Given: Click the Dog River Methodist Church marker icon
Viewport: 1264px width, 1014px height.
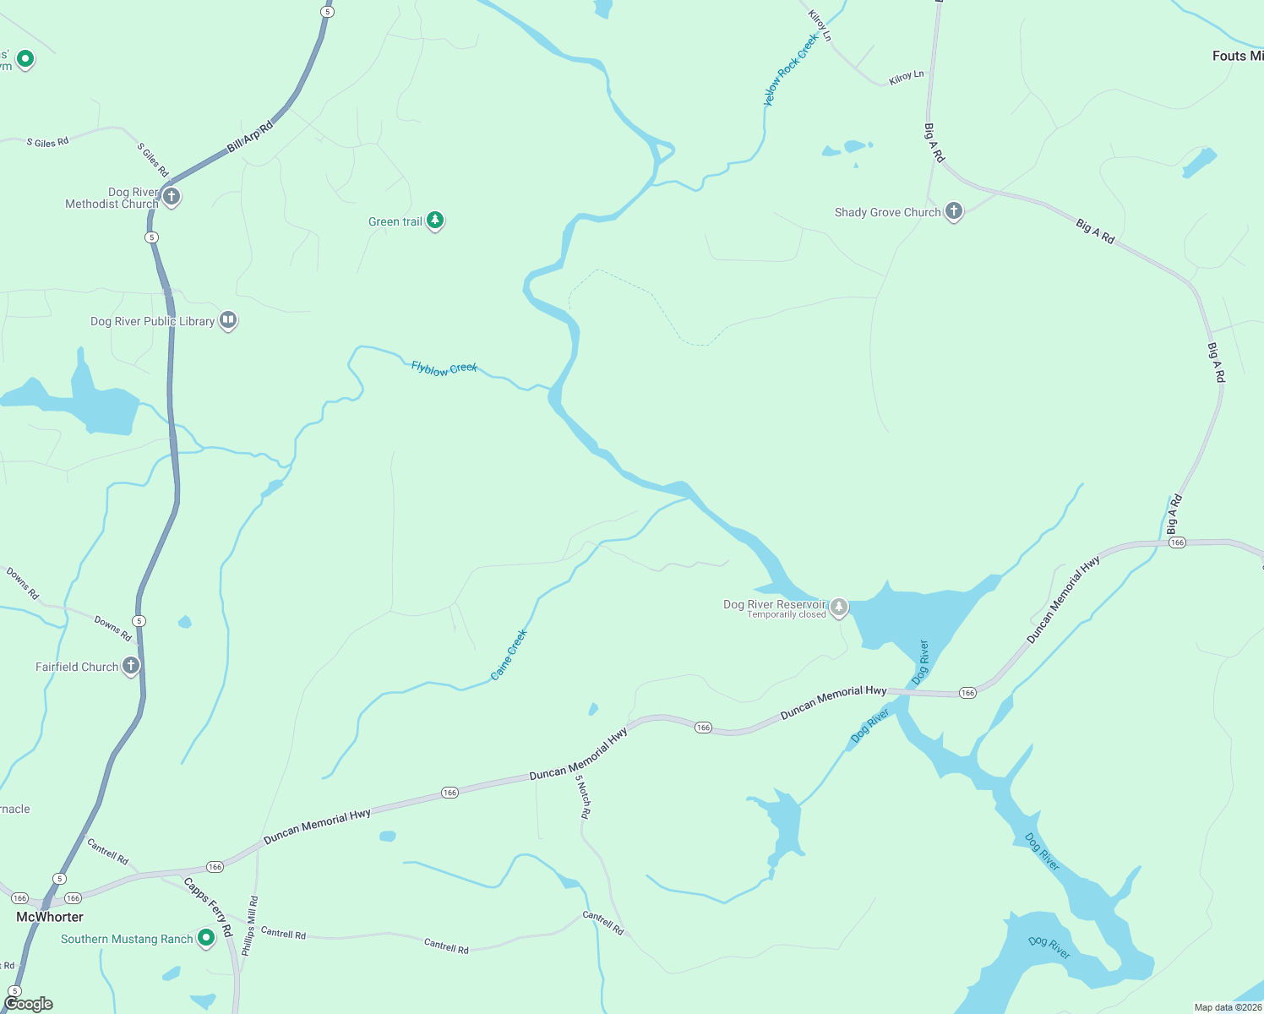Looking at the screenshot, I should pos(172,198).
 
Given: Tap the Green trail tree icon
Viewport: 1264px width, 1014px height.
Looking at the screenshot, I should pos(435,221).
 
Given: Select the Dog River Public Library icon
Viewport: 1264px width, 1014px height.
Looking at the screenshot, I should pos(228,320).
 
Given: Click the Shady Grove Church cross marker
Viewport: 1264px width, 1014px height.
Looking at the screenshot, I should pos(954,211).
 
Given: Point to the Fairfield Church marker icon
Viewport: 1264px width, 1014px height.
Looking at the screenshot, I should pos(131,666).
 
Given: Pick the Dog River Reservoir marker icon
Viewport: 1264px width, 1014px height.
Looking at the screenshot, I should pos(839,607).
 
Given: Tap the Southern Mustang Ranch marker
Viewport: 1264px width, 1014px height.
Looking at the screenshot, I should pos(206,938).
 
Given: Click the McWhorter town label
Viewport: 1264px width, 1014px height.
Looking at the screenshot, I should pos(50,917).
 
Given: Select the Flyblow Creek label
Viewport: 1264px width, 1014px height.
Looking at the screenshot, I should pos(444,368).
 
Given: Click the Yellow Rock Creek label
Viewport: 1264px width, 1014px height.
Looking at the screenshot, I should pos(791,70).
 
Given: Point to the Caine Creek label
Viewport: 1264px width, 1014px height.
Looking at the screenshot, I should pos(509,654).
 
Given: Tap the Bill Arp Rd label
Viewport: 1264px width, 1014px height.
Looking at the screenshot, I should pos(250,138).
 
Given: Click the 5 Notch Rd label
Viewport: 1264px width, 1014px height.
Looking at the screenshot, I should pos(583,796).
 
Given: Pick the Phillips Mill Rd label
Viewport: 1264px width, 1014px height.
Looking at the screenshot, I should pos(250,926).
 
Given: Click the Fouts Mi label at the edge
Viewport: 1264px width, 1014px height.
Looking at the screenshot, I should pos(1237,56).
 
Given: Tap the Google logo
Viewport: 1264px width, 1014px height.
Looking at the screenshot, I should pos(29,1004).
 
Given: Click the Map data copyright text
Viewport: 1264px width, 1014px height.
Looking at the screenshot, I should pos(1228,1007).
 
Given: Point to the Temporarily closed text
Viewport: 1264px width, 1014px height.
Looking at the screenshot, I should pos(787,614).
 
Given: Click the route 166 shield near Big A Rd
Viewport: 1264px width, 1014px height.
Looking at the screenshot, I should pos(1178,542).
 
